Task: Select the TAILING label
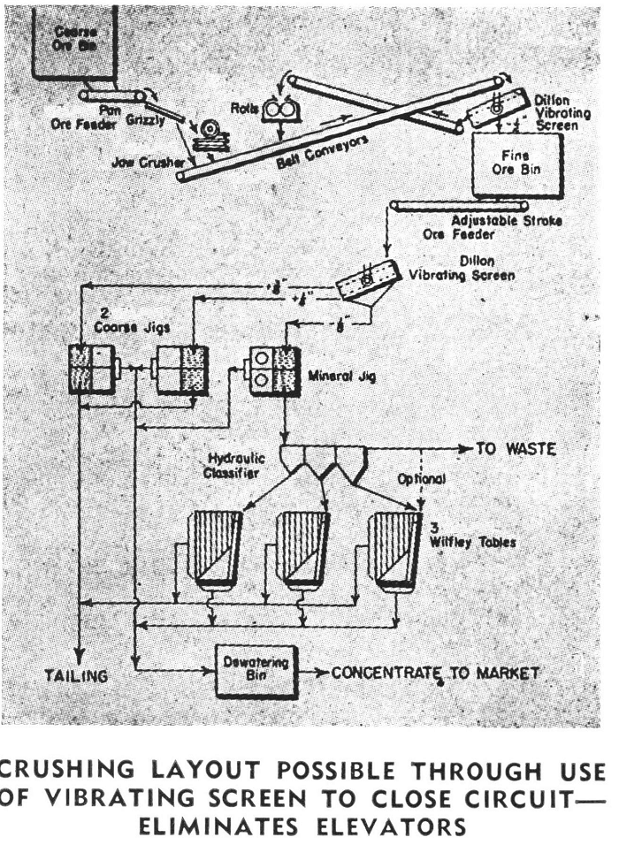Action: click(77, 676)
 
